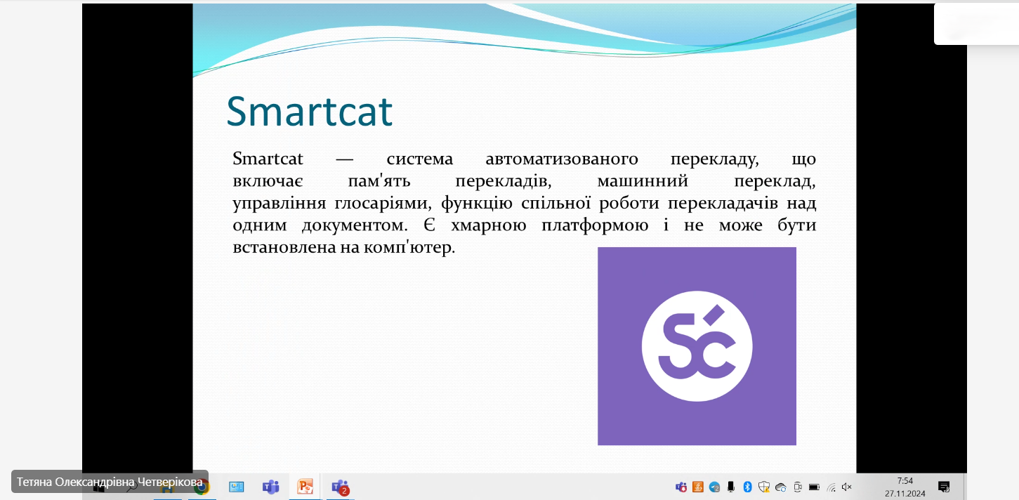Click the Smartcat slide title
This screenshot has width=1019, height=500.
309,112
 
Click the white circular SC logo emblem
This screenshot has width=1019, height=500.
697,346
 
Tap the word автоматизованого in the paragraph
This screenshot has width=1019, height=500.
562,159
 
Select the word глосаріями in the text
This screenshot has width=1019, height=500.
383,204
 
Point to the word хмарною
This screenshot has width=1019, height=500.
489,225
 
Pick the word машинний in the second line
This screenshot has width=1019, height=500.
643,181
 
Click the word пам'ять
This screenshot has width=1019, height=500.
379,181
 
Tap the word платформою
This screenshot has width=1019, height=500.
595,225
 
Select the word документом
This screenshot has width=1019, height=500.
355,225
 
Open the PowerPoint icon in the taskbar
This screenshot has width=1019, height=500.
305,487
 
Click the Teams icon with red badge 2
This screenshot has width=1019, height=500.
341,487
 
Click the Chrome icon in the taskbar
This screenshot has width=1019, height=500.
202,487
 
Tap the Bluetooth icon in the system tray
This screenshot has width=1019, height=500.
747,487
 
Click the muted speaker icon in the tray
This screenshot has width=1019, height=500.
846,487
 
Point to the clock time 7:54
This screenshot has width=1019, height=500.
905,481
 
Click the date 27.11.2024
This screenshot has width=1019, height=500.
905,494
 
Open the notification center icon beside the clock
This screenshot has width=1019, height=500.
944,487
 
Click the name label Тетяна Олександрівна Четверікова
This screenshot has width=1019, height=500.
110,482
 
